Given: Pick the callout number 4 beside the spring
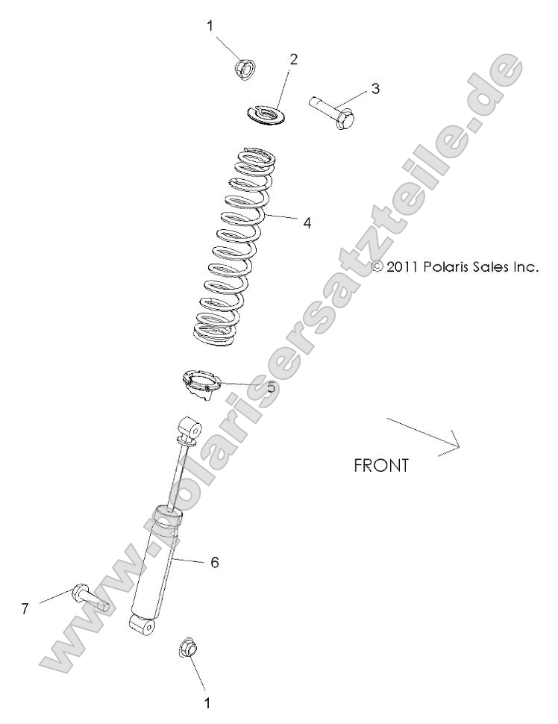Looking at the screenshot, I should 307,222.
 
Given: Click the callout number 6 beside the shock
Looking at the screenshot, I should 214,562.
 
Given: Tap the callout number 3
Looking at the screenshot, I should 375,88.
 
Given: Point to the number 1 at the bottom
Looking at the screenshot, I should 207,702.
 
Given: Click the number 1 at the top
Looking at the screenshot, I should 210,25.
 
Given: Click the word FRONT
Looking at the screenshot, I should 381,466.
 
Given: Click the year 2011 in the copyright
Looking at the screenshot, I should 403,266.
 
